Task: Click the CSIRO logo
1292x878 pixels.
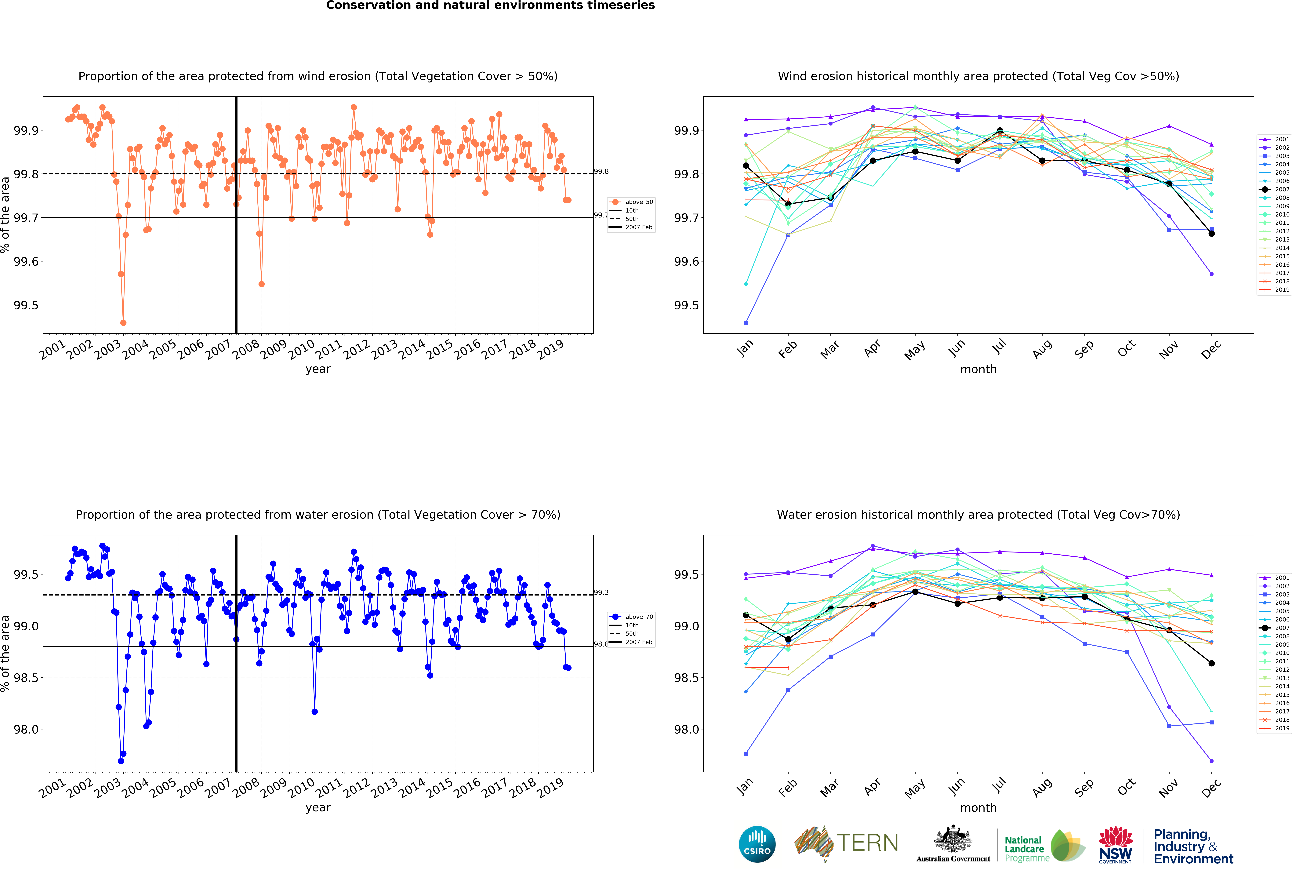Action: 757,844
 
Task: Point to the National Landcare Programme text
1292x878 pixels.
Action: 1025,849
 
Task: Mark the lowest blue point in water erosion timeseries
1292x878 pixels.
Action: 121,761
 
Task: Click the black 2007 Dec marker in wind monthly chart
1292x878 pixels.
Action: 1211,234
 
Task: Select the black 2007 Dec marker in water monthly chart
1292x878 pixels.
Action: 1211,663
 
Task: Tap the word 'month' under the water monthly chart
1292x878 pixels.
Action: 978,807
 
